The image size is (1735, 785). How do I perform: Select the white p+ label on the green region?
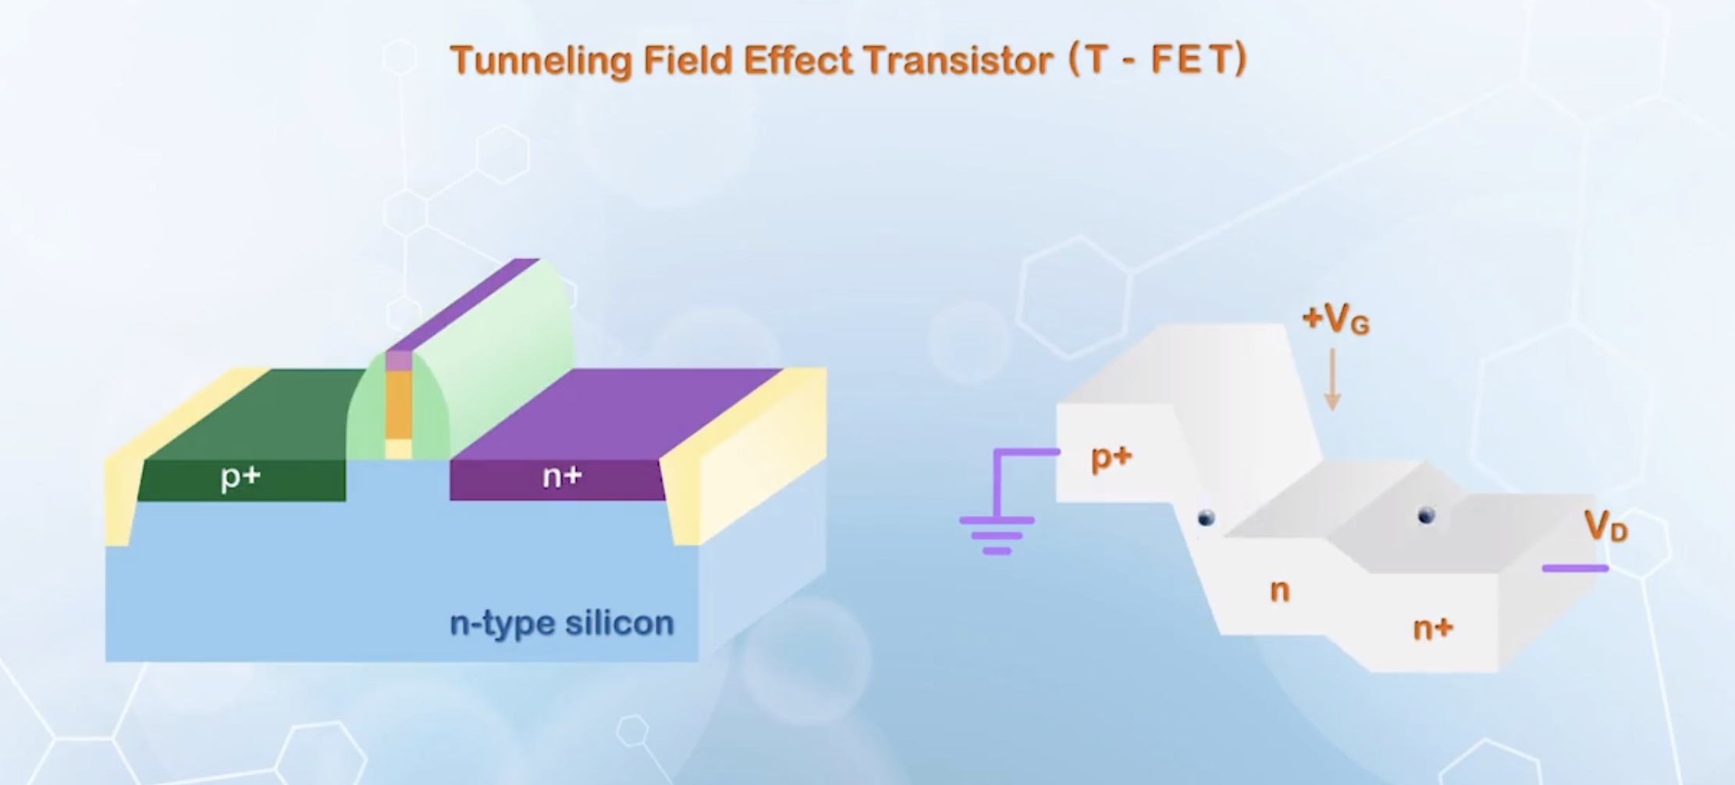pyautogui.click(x=240, y=476)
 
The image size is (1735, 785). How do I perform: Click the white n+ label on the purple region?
pyautogui.click(x=562, y=476)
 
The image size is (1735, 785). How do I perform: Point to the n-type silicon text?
pyautogui.click(x=561, y=623)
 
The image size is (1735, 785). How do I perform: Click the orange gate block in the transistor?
pyautogui.click(x=398, y=404)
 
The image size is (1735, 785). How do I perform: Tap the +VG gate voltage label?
pyautogui.click(x=1335, y=318)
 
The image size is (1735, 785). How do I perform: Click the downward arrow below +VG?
pyautogui.click(x=1332, y=378)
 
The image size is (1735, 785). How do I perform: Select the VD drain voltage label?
pyautogui.click(x=1605, y=526)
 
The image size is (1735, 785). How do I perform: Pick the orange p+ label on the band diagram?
pyautogui.click(x=1111, y=457)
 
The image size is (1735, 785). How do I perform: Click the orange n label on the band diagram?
pyautogui.click(x=1279, y=591)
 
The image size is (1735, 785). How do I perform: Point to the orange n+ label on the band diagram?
pyautogui.click(x=1433, y=628)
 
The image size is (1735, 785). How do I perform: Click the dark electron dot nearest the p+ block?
pyautogui.click(x=1206, y=518)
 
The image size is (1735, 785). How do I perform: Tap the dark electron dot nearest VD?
pyautogui.click(x=1426, y=515)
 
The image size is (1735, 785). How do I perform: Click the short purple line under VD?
pyautogui.click(x=1575, y=568)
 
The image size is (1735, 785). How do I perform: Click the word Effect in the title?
pyautogui.click(x=797, y=60)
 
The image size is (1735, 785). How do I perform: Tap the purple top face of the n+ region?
pyautogui.click(x=617, y=414)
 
